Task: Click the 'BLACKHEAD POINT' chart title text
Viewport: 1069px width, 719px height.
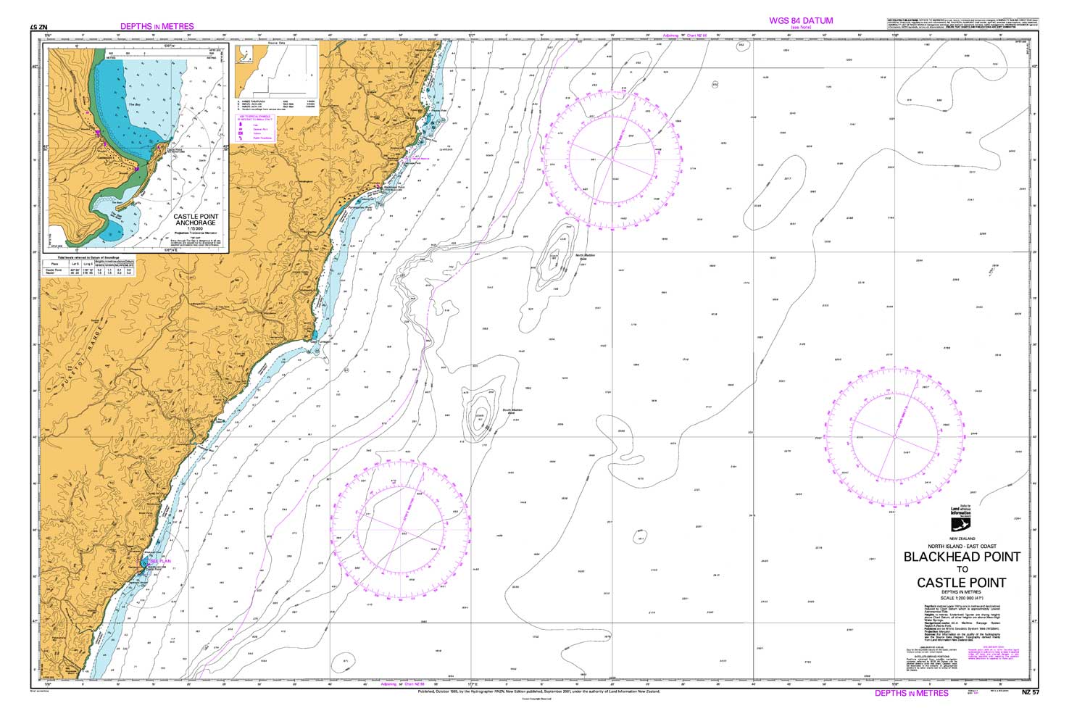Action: [x=961, y=557]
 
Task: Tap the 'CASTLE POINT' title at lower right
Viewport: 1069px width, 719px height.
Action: [x=961, y=582]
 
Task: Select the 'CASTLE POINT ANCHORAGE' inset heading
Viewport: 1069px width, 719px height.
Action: [x=195, y=220]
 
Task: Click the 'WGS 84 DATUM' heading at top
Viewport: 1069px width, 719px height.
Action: [x=801, y=21]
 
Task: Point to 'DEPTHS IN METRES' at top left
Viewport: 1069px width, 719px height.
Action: [x=157, y=26]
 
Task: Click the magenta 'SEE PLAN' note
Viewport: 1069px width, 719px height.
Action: [x=159, y=561]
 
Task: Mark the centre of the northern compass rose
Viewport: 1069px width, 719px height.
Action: [x=623, y=159]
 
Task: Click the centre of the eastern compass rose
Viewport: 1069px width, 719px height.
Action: [x=894, y=437]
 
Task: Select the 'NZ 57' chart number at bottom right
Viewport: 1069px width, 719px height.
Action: [x=1030, y=692]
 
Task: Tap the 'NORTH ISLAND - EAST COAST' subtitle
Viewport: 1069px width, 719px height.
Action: [x=961, y=545]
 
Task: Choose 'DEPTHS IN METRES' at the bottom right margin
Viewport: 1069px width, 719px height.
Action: [x=911, y=693]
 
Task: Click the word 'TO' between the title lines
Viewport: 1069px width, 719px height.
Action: [x=961, y=570]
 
